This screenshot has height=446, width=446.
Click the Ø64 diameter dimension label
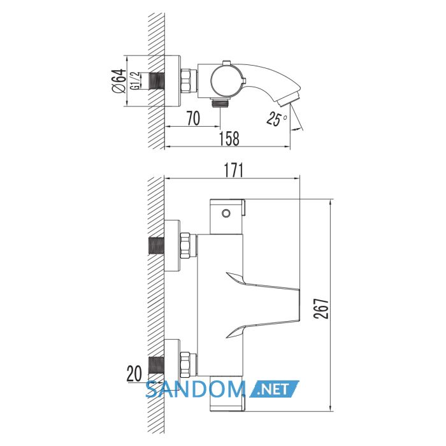tap(119, 81)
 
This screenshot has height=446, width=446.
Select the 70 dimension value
tap(194, 119)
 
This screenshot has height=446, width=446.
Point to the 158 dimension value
tap(229, 138)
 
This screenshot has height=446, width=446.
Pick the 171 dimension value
tap(234, 170)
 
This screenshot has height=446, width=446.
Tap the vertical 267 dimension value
tap(321, 308)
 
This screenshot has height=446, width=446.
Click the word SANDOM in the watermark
tap(196, 389)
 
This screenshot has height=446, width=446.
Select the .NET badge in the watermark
tap(274, 389)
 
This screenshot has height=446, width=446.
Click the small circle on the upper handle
tap(226, 213)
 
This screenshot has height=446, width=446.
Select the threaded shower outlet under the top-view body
tap(220, 103)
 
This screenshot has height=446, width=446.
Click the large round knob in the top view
tap(226, 81)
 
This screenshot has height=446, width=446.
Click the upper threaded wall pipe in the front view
tap(156, 246)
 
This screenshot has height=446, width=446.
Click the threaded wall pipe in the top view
tap(157, 81)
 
